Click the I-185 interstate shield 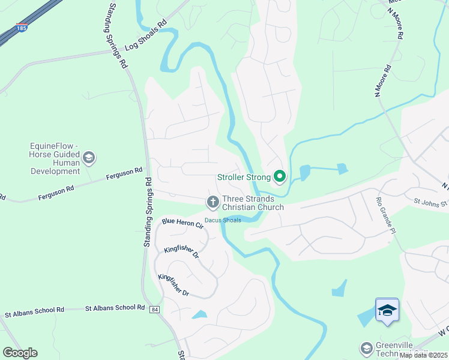(x=22, y=28)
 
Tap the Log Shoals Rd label (x=145, y=38)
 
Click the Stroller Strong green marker (x=279, y=176)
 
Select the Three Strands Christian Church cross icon (x=212, y=202)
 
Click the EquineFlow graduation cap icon (x=89, y=158)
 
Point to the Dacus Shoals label (x=223, y=220)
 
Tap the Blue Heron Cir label (x=182, y=224)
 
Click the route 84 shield (x=155, y=309)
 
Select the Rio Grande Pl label (x=387, y=215)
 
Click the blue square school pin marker (x=387, y=310)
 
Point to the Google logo (x=20, y=353)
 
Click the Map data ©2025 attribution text (x=423, y=355)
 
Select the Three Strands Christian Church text (x=253, y=203)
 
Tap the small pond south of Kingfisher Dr (x=199, y=314)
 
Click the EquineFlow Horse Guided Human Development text (x=55, y=158)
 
